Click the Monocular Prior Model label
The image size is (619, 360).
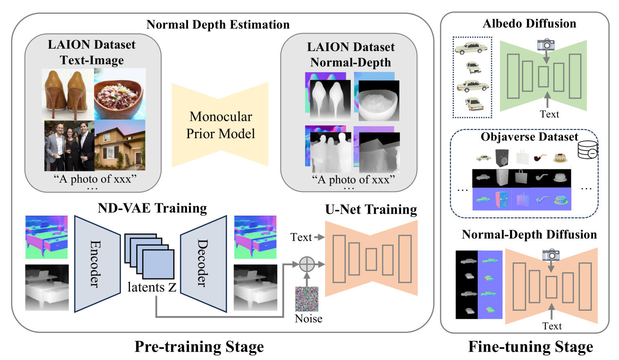220,125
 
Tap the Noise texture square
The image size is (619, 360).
307,299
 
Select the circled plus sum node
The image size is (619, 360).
307,264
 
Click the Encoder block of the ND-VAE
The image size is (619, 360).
97,264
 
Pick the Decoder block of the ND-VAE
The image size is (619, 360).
203,264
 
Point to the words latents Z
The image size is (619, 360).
152,287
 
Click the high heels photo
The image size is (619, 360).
68,94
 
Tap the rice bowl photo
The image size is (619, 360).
120,94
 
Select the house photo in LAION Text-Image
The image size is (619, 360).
120,145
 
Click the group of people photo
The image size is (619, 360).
69,146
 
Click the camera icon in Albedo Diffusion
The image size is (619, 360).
546,44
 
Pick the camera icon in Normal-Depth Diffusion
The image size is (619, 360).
551,254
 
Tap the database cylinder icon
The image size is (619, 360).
588,150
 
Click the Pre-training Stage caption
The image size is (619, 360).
199,347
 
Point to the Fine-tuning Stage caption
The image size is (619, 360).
530,347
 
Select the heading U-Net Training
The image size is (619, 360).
371,209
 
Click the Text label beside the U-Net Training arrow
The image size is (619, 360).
301,237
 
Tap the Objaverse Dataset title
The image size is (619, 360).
529,137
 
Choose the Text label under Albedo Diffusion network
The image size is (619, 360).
549,114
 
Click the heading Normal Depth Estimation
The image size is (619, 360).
218,25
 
